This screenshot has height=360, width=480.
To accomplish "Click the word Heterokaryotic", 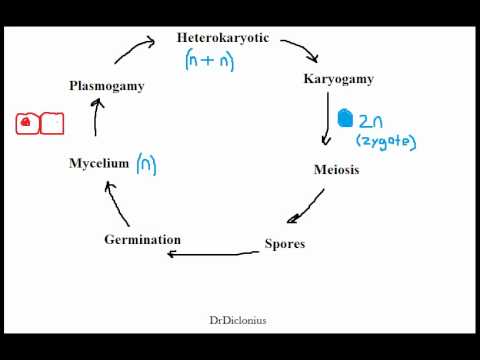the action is (223, 38).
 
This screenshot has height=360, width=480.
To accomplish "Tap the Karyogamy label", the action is (339, 79).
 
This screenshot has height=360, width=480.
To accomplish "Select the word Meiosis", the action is (337, 170).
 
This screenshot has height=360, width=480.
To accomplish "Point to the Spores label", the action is (285, 244).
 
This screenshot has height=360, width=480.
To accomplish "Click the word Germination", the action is (143, 239).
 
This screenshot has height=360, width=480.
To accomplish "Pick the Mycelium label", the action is (99, 163).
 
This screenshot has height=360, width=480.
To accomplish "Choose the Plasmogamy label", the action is (107, 86).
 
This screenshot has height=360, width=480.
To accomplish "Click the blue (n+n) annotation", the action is (210, 60).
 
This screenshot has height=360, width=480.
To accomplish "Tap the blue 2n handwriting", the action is (371, 121).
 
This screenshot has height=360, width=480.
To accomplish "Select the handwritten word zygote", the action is (386, 142).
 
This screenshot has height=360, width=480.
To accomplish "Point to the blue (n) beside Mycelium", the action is (146, 164).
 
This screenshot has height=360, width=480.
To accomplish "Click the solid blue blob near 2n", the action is (345, 118).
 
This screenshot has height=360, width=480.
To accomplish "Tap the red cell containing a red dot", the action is (28, 124).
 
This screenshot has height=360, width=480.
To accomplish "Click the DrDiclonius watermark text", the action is (238, 321).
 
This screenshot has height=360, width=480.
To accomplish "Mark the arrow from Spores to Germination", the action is (213, 254).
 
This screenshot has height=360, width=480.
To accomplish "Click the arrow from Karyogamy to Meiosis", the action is (327, 118).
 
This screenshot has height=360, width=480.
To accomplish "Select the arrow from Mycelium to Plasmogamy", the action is (96, 117).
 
